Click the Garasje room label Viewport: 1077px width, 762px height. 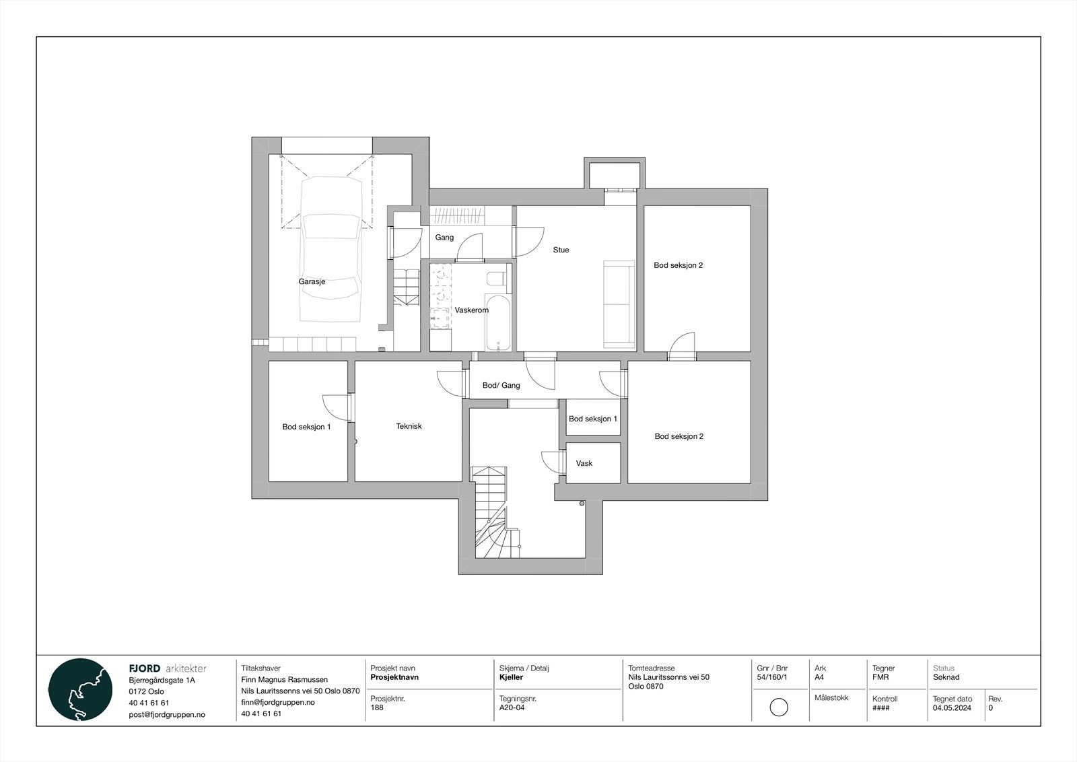click(x=312, y=281)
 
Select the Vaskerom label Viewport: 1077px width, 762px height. click(x=471, y=310)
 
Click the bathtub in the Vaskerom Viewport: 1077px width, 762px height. click(x=498, y=323)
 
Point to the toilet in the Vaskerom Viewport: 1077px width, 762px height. click(x=497, y=278)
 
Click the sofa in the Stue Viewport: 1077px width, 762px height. click(x=619, y=304)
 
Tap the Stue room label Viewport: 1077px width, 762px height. click(x=561, y=250)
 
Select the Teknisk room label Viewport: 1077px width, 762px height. click(x=409, y=426)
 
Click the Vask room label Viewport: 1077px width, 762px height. click(x=584, y=463)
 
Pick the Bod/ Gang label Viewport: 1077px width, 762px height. click(x=501, y=386)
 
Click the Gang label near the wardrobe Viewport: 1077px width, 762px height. click(x=444, y=238)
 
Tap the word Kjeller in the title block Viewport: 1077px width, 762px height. click(x=511, y=677)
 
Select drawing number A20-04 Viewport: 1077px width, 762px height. click(x=512, y=707)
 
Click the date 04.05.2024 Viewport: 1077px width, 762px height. click(x=952, y=707)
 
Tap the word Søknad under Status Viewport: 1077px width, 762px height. click(x=946, y=677)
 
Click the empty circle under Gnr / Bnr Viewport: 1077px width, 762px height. click(x=778, y=707)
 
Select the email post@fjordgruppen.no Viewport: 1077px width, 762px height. click(x=166, y=714)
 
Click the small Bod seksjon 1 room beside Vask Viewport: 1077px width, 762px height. click(x=592, y=419)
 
